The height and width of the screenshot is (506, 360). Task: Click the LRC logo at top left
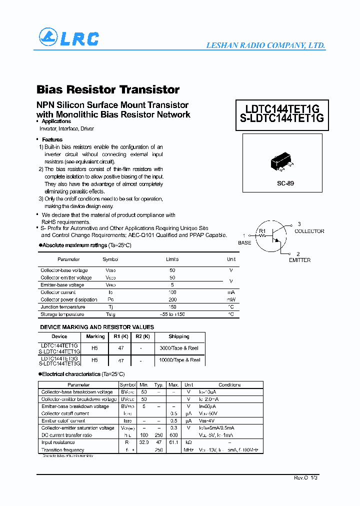point(68,37)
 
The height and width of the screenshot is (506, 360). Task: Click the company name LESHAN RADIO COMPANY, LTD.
point(265,45)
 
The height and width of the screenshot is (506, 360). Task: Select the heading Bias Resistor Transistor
point(108,89)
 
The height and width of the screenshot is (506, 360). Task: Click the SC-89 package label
point(285,183)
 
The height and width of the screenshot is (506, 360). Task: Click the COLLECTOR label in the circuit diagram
point(309,231)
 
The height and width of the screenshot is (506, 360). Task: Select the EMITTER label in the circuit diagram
point(299,260)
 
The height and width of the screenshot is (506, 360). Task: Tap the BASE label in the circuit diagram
point(244,242)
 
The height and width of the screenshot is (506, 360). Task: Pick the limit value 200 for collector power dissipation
point(172,299)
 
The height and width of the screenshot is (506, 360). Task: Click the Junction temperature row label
point(63,307)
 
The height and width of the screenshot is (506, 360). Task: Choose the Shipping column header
point(179,336)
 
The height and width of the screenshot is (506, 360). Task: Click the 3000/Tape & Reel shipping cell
point(179,347)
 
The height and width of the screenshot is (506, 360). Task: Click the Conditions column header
point(229,385)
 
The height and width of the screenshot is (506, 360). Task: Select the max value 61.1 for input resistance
point(174,442)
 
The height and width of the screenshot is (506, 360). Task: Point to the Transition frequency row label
point(63,450)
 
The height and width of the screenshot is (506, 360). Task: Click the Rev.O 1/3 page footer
point(305,478)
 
